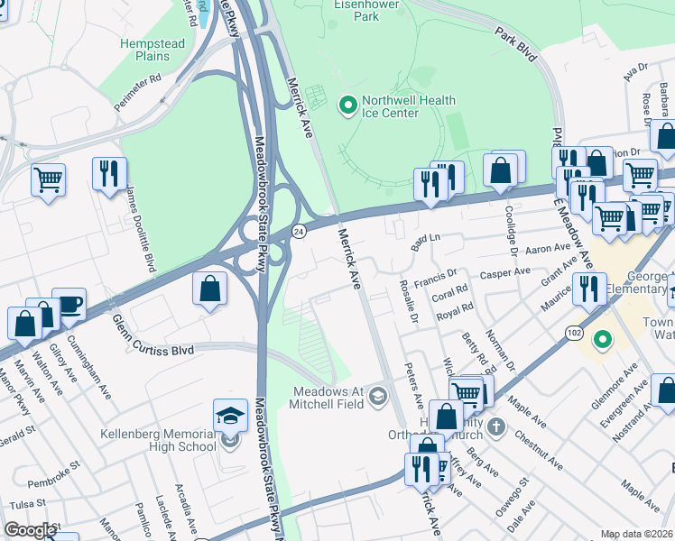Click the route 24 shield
tap(300, 232)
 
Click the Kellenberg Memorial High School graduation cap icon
tap(230, 416)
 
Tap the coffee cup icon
tap(69, 304)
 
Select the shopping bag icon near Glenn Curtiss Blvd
tap(209, 289)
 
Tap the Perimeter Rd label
tap(137, 92)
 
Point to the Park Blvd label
tap(515, 45)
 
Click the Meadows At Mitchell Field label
tap(328, 397)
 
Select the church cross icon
tap(495, 425)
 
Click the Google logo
tap(30, 530)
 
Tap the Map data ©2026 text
tap(636, 534)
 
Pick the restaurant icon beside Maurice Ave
tap(588, 289)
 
